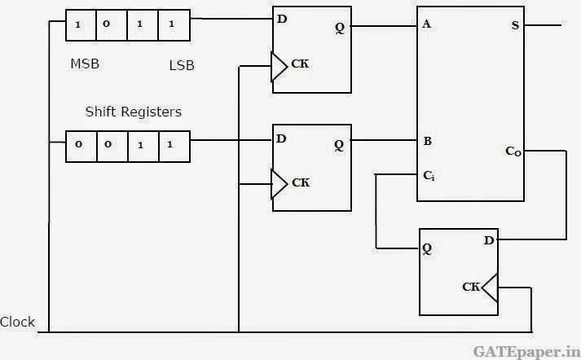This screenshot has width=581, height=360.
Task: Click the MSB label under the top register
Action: [85, 64]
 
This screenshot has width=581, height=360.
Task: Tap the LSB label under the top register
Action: [182, 65]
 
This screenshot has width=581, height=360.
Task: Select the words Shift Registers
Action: [134, 112]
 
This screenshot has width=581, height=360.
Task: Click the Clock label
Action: [17, 322]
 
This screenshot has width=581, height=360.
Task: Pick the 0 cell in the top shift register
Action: [111, 25]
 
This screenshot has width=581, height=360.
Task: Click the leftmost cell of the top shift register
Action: [81, 25]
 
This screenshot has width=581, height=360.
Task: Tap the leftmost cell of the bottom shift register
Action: [81, 147]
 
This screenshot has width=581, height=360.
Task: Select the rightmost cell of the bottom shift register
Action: [174, 147]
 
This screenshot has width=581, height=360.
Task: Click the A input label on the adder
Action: [426, 24]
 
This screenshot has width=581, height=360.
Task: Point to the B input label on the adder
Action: [427, 141]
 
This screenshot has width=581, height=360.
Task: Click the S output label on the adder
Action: [515, 25]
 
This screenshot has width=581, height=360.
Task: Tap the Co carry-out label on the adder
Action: [513, 151]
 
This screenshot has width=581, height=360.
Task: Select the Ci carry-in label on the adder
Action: [429, 176]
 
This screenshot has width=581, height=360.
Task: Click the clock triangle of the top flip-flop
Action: [279, 67]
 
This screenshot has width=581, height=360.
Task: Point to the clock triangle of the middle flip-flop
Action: [279, 184]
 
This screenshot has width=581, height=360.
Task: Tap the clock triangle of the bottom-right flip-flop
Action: [491, 288]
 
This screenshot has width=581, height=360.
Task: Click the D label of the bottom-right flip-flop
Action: [489, 241]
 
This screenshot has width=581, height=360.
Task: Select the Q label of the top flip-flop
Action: [340, 28]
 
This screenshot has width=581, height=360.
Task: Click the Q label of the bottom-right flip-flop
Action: [427, 248]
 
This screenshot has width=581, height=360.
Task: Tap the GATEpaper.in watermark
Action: [526, 352]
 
